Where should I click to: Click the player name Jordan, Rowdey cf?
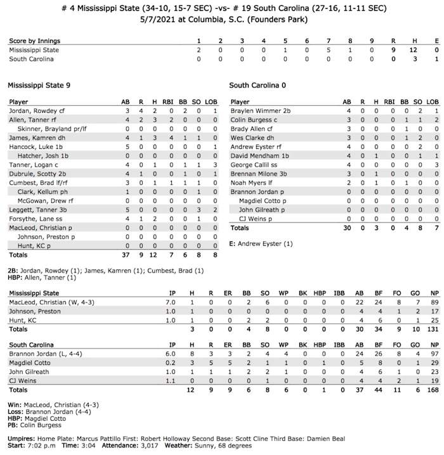pos(34,111)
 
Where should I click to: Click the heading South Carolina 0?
pos(259,84)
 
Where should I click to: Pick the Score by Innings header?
pos(35,41)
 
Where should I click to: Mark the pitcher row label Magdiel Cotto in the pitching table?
pos(30,361)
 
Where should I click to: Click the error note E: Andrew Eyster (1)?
pos(262,243)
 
